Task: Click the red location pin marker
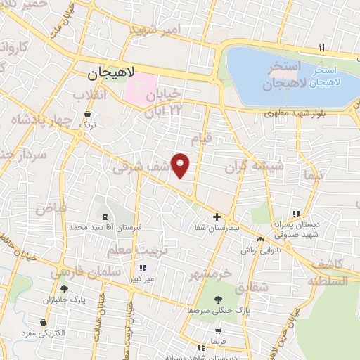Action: coord(181,165)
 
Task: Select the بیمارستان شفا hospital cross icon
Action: coord(217,217)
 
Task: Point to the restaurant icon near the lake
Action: coord(321,47)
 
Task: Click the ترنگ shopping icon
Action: coord(88,113)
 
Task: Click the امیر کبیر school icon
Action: coord(143,268)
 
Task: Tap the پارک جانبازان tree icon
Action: coord(64,289)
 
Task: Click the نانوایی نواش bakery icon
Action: coord(262,240)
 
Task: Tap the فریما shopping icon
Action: coord(219,331)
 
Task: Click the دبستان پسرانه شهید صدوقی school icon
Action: coord(295,213)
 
